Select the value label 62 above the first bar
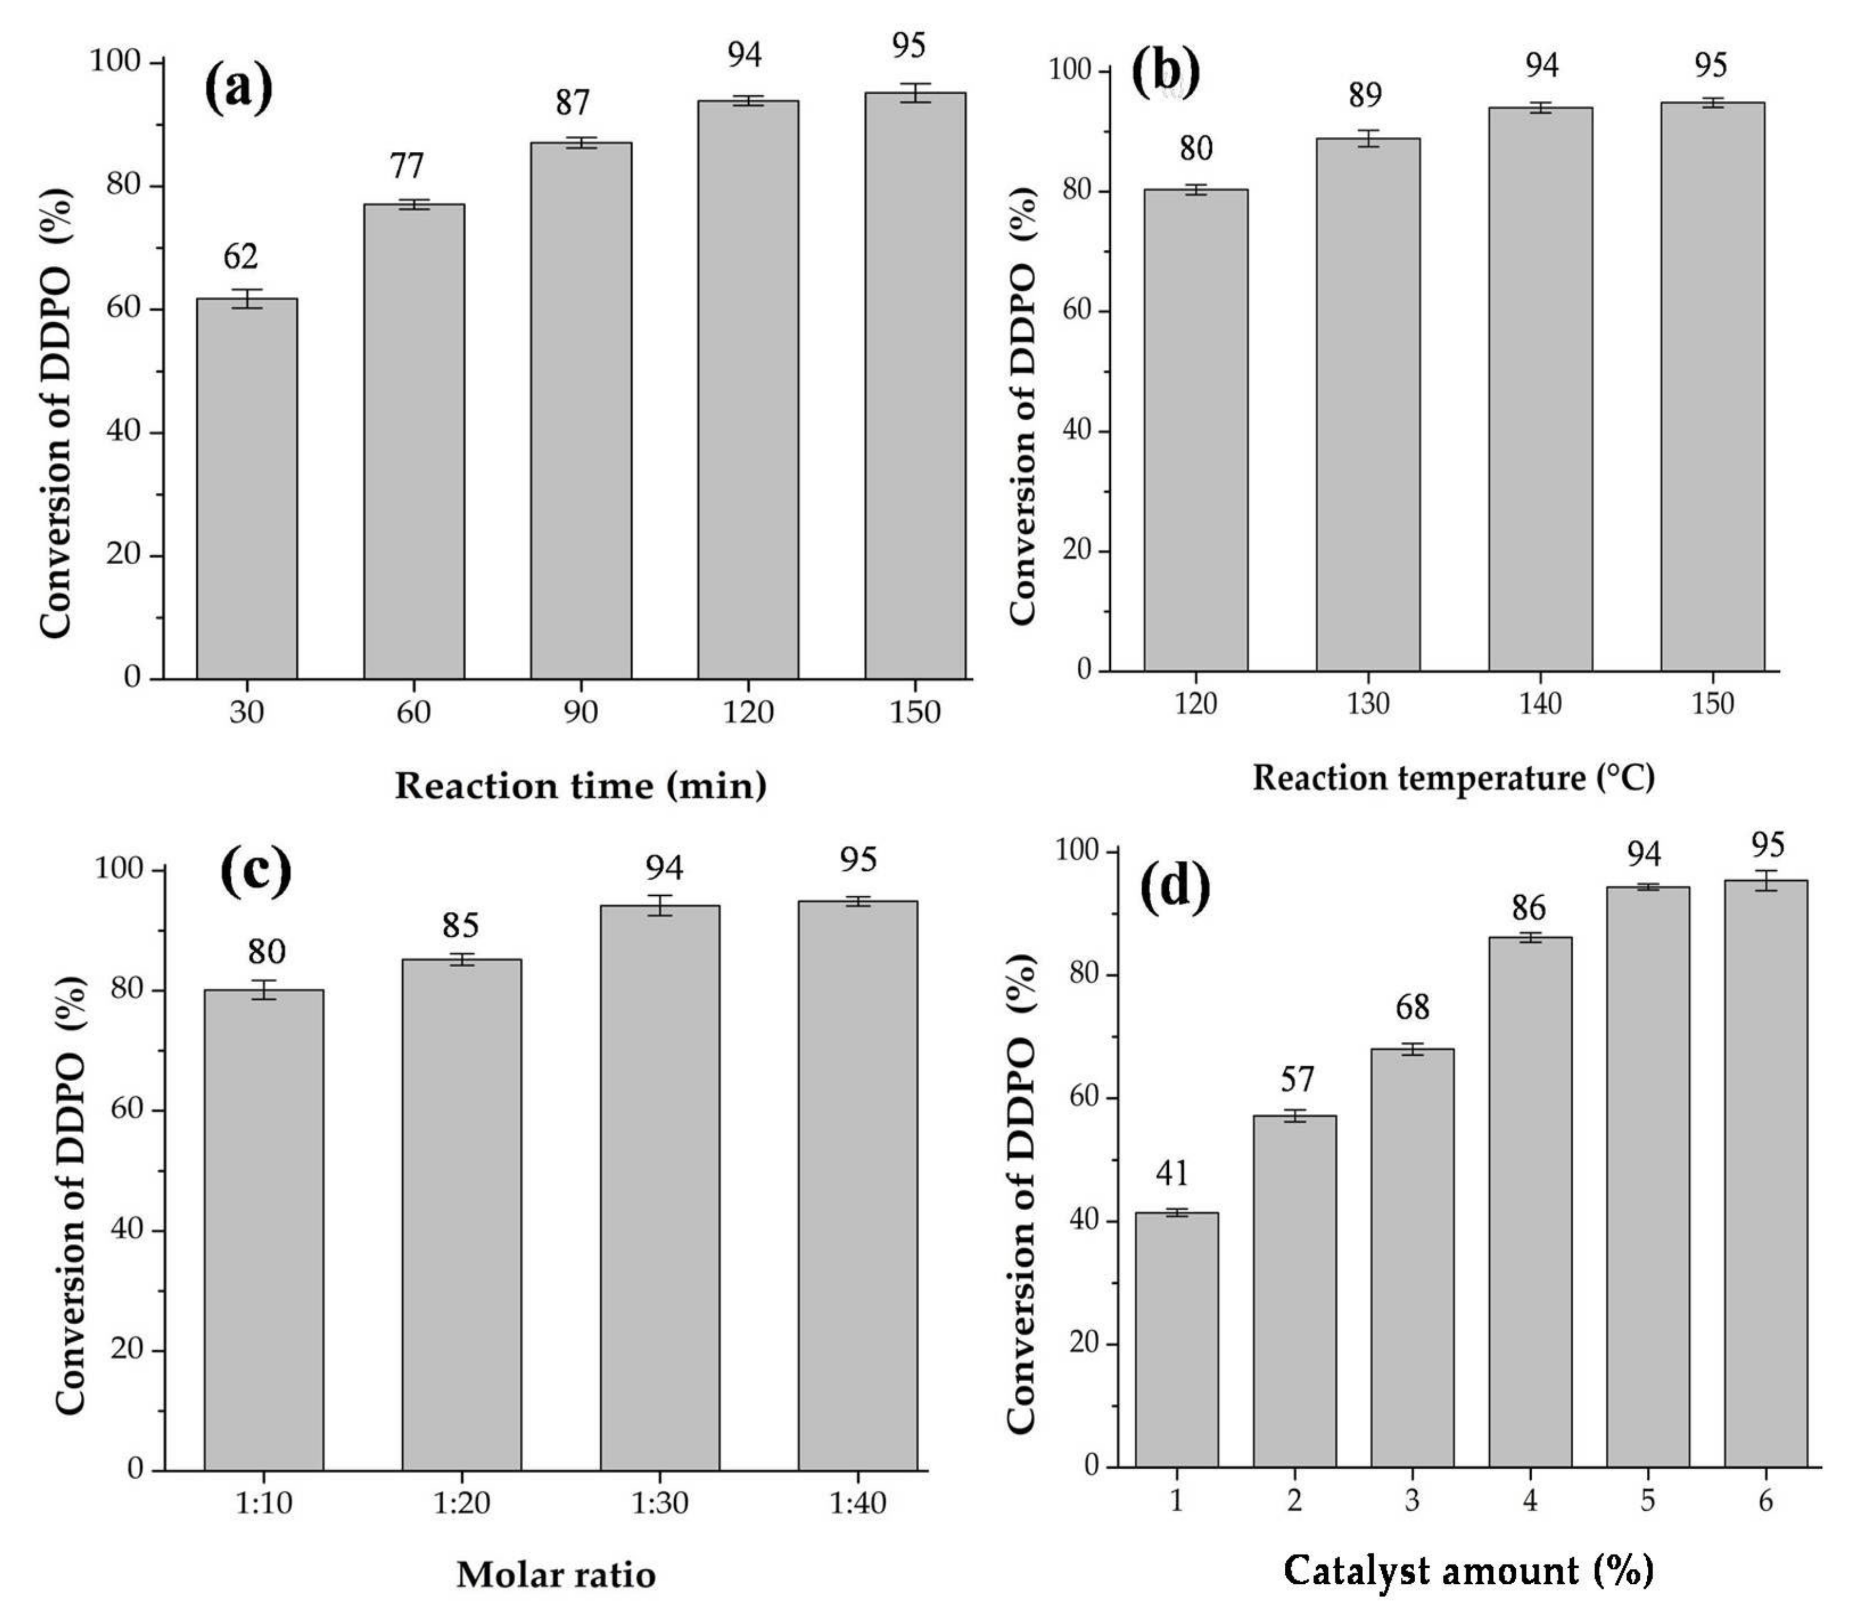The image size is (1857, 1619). click(x=241, y=256)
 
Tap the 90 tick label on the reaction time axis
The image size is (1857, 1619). click(x=580, y=713)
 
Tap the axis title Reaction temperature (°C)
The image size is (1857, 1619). click(x=1453, y=778)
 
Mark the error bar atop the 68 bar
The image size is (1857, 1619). click(x=1413, y=1049)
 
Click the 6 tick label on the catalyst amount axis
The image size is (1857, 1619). click(x=1765, y=1501)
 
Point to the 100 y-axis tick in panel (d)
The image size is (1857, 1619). click(x=1078, y=852)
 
